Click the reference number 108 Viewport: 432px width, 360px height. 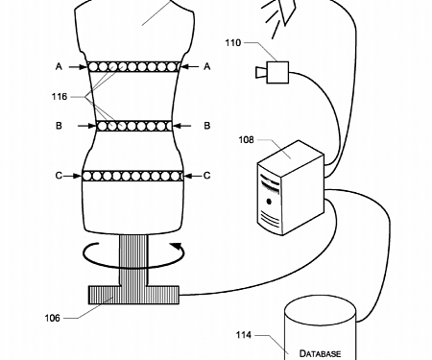[249, 139]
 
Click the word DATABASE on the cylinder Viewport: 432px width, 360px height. [320, 353]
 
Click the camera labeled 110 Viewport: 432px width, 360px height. [276, 71]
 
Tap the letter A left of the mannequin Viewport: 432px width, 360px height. [59, 67]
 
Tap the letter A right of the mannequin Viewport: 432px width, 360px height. [209, 67]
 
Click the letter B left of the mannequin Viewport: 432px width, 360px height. [59, 126]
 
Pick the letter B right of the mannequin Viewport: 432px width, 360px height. [209, 126]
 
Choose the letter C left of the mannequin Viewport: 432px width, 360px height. [59, 176]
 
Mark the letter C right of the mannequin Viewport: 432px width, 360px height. [209, 176]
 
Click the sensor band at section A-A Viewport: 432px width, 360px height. [133, 67]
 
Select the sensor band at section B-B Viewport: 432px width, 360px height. [133, 126]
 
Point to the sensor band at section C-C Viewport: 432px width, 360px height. [133, 176]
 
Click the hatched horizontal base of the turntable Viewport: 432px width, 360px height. [133, 294]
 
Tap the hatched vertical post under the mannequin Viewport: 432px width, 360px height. [133, 259]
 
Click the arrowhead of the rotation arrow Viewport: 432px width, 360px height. [176, 247]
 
